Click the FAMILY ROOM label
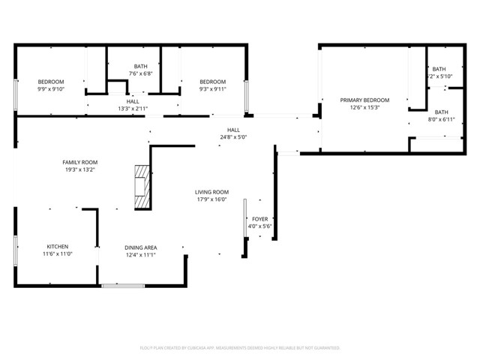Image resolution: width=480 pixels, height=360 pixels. click(79, 162)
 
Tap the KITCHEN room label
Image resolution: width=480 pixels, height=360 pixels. click(58, 247)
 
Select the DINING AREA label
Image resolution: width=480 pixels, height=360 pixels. click(140, 247)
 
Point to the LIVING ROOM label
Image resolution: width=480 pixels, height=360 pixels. click(211, 192)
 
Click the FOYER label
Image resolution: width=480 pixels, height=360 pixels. click(260, 219)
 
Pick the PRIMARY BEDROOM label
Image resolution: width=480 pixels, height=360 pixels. click(364, 100)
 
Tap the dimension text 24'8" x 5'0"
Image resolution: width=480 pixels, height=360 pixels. click(233, 137)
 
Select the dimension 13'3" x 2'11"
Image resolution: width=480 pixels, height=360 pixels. click(133, 109)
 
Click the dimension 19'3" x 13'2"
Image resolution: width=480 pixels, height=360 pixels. click(79, 169)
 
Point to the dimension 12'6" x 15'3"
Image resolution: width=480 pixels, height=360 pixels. click(364, 107)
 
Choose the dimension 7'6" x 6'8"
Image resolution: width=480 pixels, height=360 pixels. click(140, 73)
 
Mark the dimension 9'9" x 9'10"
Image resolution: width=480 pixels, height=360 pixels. click(51, 89)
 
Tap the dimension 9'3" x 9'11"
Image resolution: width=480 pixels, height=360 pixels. click(212, 89)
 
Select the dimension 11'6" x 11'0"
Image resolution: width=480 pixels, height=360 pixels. click(58, 254)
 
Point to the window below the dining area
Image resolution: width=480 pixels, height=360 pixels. click(123, 285)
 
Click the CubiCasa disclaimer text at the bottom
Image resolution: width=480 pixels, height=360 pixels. click(240, 348)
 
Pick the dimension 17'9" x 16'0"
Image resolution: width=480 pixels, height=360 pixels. click(211, 199)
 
